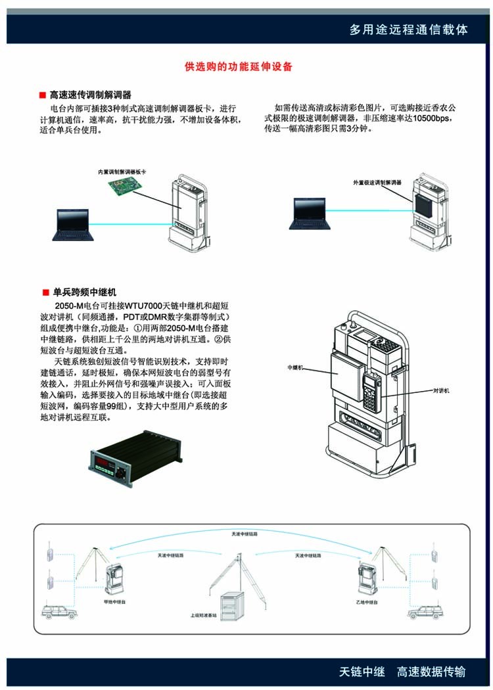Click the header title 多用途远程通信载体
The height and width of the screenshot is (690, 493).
click(x=408, y=30)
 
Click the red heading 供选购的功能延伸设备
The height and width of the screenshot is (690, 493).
click(x=239, y=67)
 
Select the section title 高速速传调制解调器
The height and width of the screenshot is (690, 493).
click(x=91, y=95)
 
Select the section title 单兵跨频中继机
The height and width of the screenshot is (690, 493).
click(x=85, y=292)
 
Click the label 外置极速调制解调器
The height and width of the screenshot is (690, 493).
click(x=377, y=182)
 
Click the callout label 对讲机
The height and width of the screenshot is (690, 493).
click(x=440, y=390)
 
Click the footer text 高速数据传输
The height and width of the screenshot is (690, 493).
click(x=431, y=672)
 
